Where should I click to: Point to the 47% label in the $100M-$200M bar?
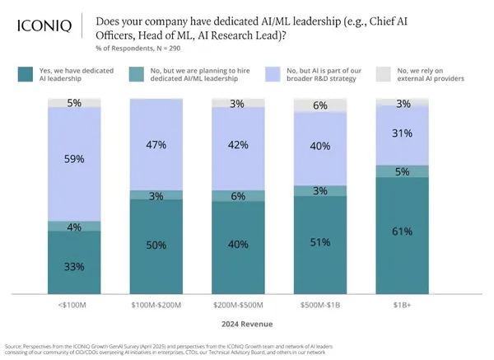coord(156,145)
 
